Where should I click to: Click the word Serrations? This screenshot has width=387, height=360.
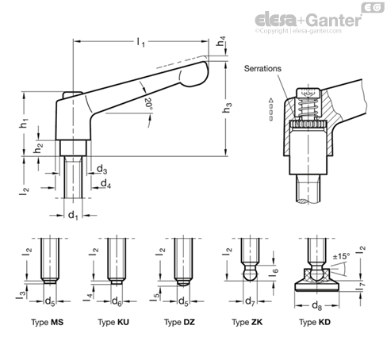pos(262,68)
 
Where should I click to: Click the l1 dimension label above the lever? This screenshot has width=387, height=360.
pos(141,42)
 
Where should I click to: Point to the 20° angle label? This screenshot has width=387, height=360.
pos(148,104)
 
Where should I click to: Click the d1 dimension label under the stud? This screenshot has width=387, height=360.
pos(73,216)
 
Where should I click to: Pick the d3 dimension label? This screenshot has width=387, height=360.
pos(102,169)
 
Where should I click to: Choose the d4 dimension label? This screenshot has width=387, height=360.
pos(105,183)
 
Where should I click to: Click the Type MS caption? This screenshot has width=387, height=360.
pos(48,322)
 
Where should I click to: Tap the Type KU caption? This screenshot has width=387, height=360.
pos(113,322)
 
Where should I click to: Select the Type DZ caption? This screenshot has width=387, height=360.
pos(179,322)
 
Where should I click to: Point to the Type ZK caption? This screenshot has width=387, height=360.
pos(247,322)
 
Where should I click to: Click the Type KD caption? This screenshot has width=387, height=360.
pos(315,322)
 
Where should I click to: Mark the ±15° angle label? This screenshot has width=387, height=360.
pos(341,256)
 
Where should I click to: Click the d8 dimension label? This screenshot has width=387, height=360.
pos(316,306)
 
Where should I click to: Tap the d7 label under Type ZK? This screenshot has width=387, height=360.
pos(250,301)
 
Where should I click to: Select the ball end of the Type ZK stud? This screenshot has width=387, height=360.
pos(250,274)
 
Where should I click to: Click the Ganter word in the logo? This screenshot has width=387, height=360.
pos(335,20)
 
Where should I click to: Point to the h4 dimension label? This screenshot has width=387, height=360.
pos(221,41)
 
